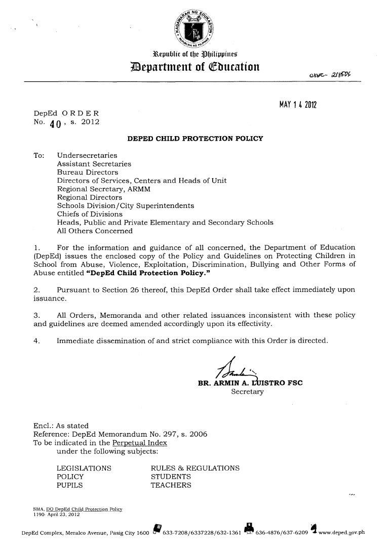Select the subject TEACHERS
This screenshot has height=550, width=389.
pos(171,485)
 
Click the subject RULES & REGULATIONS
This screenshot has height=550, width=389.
pos(195,468)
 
